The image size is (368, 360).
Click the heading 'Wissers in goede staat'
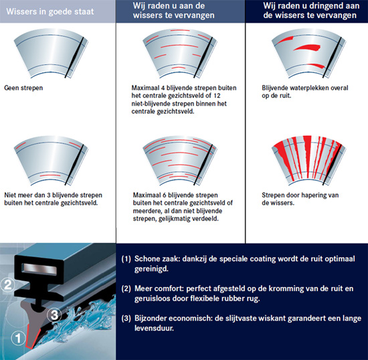50,11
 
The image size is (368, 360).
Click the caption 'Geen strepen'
23,88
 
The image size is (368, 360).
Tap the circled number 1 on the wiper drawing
18,338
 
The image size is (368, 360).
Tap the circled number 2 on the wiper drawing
8,284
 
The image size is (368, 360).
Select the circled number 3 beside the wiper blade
54,314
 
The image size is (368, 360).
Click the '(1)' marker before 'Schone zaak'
126,259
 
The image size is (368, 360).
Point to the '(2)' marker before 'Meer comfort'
126,288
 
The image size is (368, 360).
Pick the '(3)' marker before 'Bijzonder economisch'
126,319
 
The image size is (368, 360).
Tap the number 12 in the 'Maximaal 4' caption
217,96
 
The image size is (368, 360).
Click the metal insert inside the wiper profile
39,269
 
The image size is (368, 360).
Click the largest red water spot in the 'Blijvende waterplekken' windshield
307,48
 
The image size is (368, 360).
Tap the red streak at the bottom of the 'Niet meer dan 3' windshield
50,175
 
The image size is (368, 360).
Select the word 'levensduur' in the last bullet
154,329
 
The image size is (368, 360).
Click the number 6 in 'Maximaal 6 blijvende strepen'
164,195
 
